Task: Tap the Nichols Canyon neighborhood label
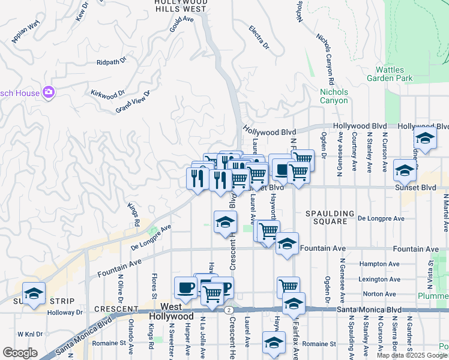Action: click(x=334, y=96)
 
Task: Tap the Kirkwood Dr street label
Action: click(x=107, y=93)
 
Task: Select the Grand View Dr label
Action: click(x=132, y=101)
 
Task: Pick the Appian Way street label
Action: click(x=25, y=32)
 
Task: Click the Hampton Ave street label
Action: click(x=379, y=264)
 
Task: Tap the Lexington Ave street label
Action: click(x=378, y=279)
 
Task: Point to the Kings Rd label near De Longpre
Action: click(x=133, y=213)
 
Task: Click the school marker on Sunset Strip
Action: click(x=34, y=293)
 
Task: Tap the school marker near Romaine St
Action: click(x=274, y=344)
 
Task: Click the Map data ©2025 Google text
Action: click(x=412, y=355)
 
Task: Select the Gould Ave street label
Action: click(x=181, y=28)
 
